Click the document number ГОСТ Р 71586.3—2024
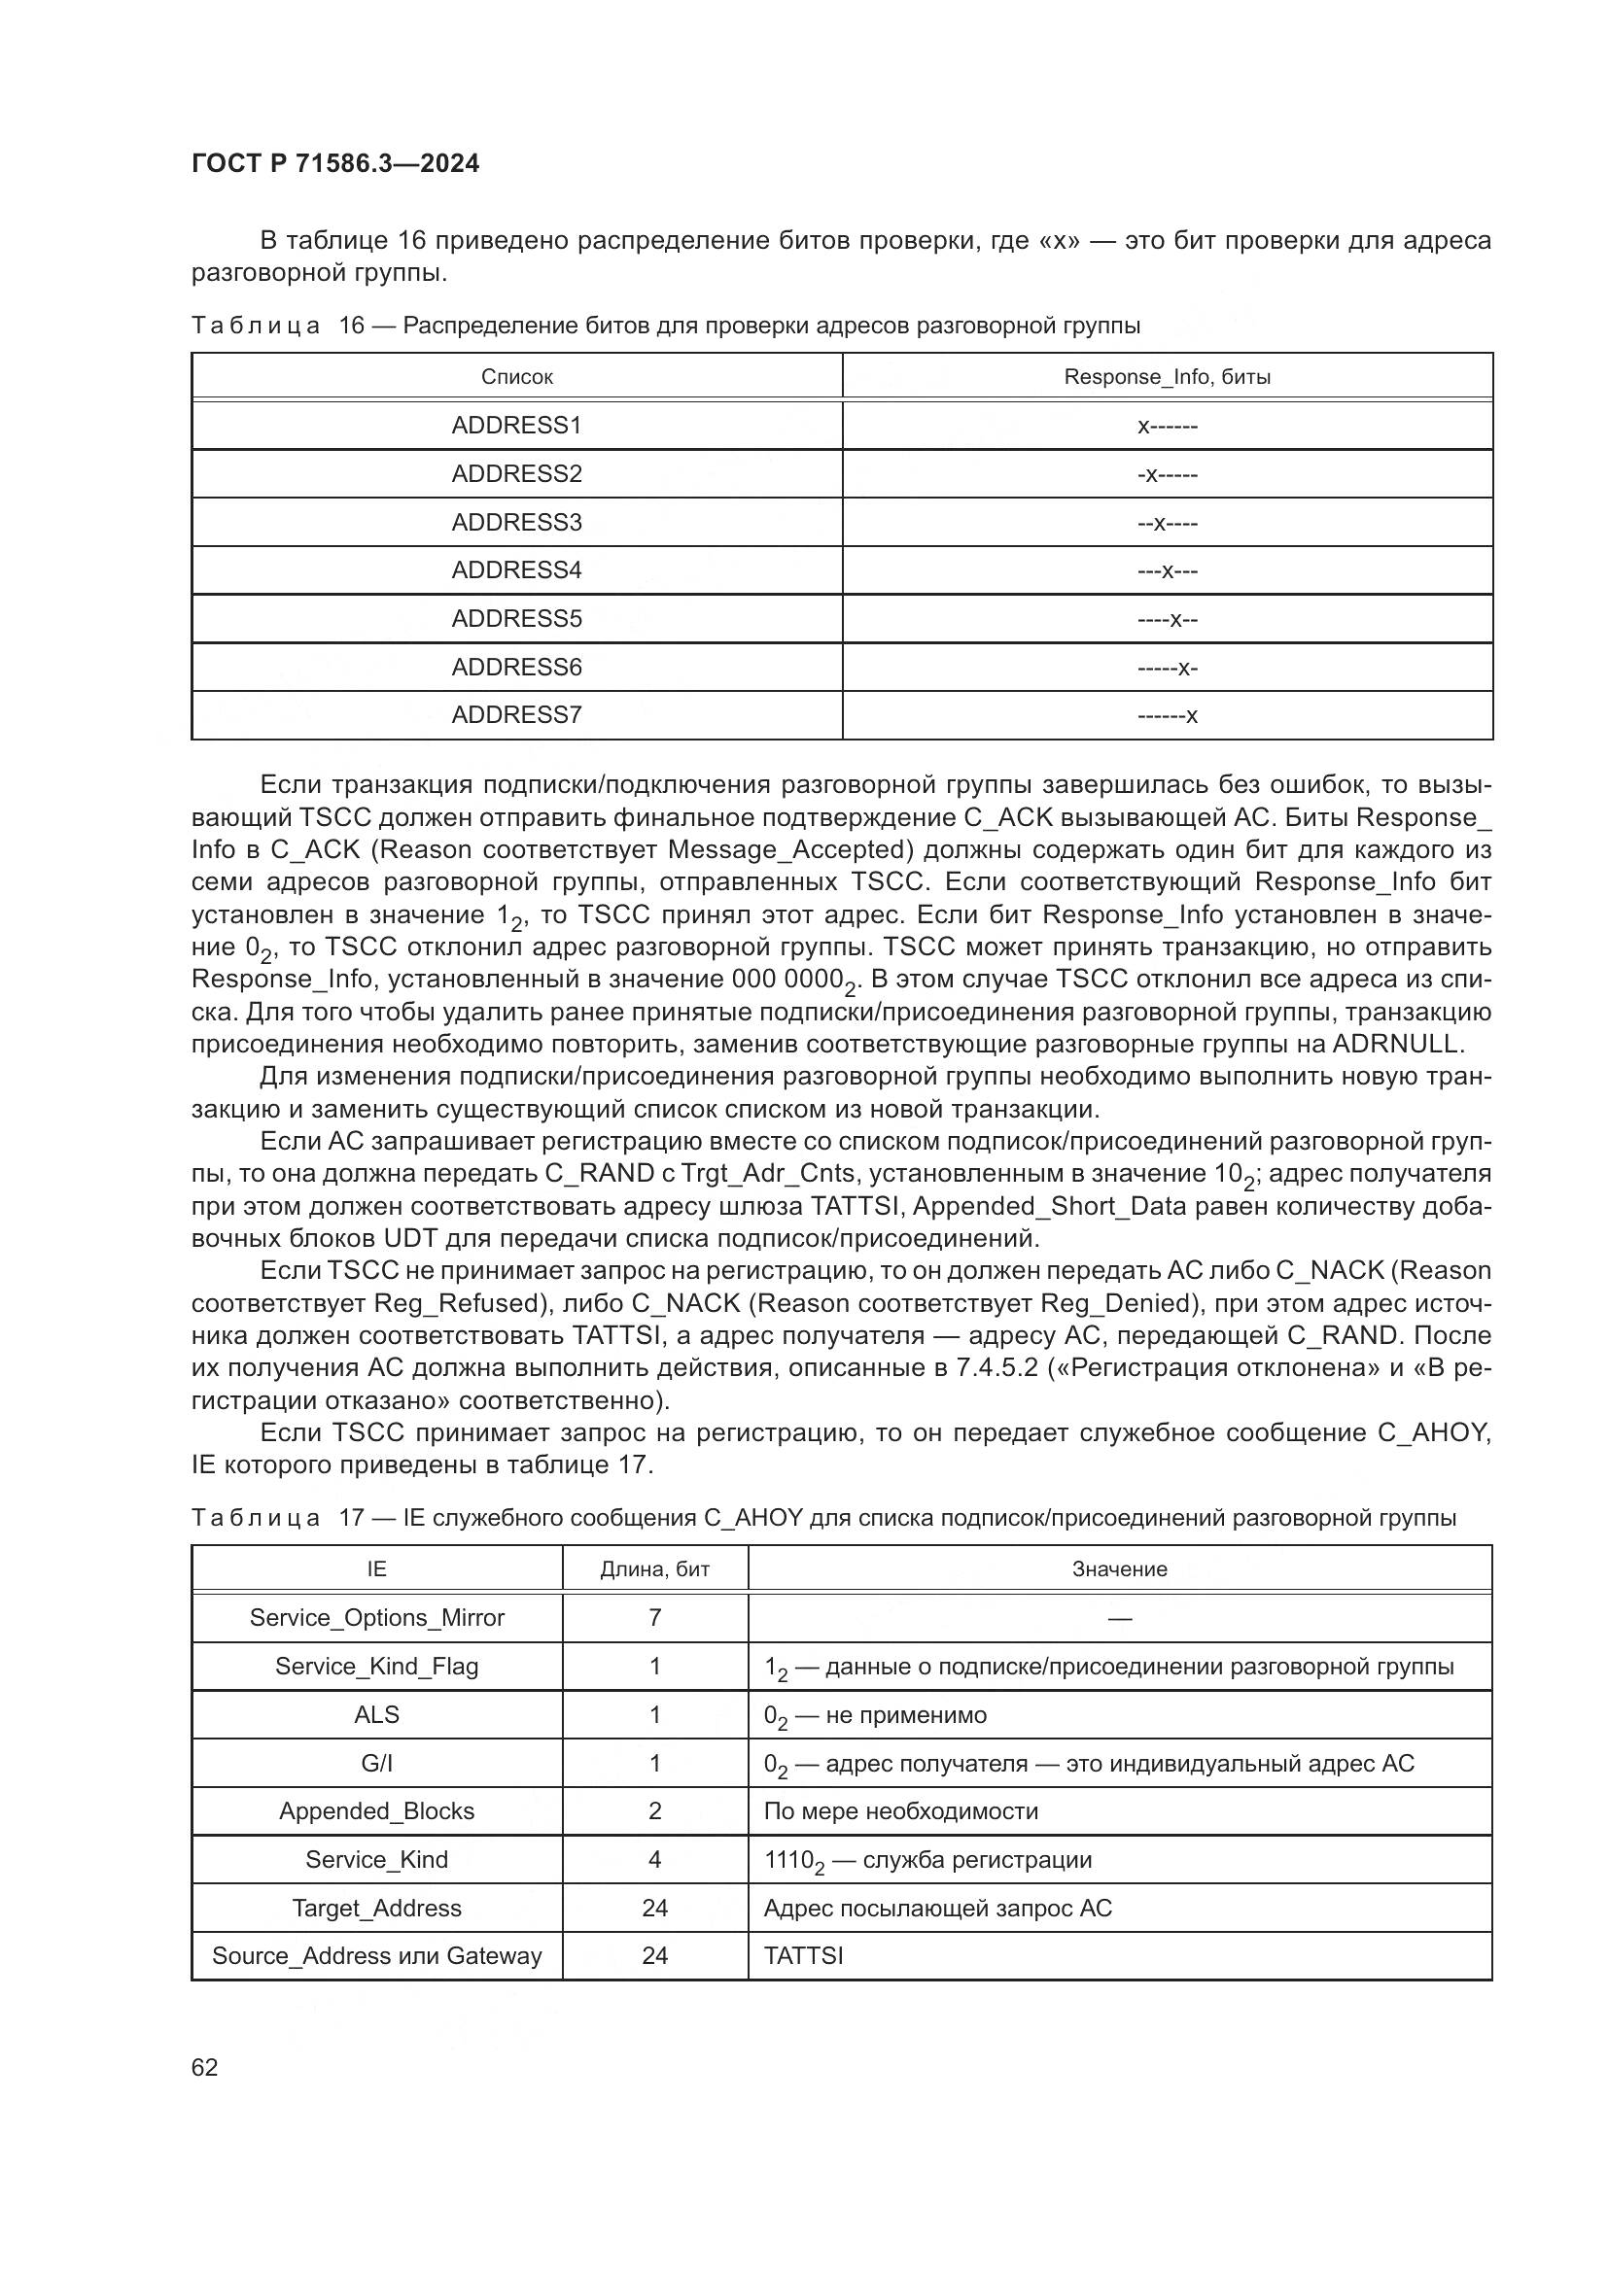point(334,164)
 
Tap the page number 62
point(205,2067)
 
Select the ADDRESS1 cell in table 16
point(516,426)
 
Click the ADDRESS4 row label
point(516,570)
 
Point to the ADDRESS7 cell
point(516,715)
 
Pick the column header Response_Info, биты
point(1167,377)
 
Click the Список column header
point(516,377)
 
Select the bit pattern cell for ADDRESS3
point(1167,523)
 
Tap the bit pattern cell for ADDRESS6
point(1167,668)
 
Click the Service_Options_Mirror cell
point(376,1618)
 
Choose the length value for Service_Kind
point(654,1859)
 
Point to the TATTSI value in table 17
point(803,1955)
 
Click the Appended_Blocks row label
point(376,1810)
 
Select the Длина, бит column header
point(654,1569)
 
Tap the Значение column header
point(1119,1569)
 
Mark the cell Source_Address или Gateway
point(376,1955)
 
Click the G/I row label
point(376,1763)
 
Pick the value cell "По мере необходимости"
point(900,1810)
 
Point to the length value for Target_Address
point(654,1908)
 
